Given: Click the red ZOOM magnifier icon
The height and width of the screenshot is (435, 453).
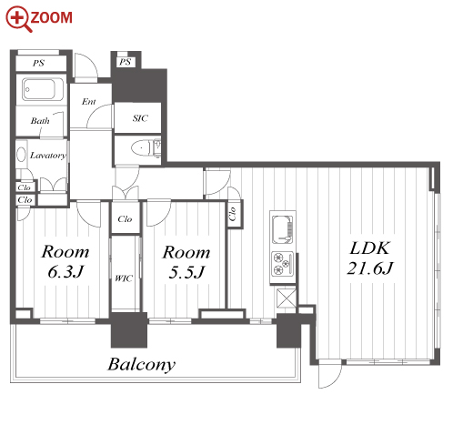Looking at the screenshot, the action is click(x=18, y=18).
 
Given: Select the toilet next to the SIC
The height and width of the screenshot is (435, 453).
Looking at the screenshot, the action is click(x=146, y=148).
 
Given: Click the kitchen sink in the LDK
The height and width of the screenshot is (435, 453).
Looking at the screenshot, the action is click(x=283, y=229).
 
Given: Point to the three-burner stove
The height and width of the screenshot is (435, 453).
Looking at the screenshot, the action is click(x=283, y=264).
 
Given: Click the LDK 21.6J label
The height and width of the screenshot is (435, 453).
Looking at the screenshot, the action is click(x=369, y=258).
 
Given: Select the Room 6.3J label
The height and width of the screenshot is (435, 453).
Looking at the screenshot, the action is click(x=65, y=261).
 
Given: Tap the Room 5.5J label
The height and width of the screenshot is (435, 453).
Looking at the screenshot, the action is click(x=186, y=262).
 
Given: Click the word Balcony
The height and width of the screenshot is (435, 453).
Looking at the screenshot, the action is click(x=142, y=365).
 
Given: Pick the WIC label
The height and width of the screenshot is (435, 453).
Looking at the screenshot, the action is click(x=124, y=278).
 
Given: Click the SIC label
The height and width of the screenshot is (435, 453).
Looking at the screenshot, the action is click(x=140, y=118).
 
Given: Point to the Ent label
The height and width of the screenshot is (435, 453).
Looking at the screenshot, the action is click(x=89, y=102).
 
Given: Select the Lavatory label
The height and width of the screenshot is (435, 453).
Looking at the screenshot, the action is click(x=48, y=156).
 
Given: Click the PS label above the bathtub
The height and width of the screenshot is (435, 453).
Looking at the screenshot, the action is click(x=38, y=63).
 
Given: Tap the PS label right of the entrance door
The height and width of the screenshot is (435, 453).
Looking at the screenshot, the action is click(x=125, y=62).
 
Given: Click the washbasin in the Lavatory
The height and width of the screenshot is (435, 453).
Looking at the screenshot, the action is click(x=21, y=155).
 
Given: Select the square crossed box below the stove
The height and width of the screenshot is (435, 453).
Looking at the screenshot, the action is click(x=287, y=298).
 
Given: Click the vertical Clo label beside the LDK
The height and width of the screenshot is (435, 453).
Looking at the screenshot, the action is click(x=233, y=214).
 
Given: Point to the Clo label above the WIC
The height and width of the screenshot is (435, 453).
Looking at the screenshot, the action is click(x=125, y=218).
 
